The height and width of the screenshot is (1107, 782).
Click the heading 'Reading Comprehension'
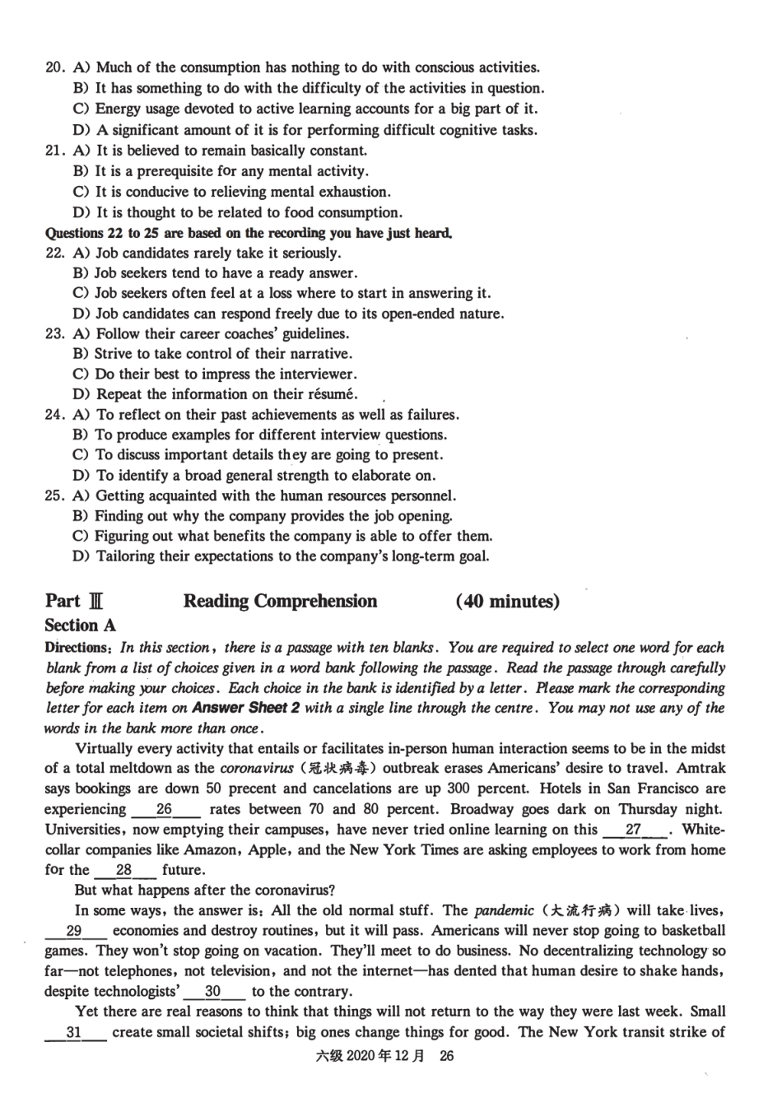(x=280, y=602)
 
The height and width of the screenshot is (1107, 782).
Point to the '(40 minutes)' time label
(x=507, y=602)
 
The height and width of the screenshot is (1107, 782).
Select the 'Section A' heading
(x=81, y=626)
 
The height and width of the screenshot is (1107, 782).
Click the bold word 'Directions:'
(x=79, y=648)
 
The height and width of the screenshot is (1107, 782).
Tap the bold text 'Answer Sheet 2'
(x=240, y=708)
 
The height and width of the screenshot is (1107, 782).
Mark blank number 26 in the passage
(x=165, y=810)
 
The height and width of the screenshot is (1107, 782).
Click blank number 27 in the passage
(x=634, y=830)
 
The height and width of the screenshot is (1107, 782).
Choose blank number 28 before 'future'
(x=123, y=870)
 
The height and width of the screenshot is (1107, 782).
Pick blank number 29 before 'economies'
(x=74, y=931)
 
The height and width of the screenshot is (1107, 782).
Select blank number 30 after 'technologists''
(x=213, y=992)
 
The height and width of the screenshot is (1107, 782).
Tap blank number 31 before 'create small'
(x=74, y=1032)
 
